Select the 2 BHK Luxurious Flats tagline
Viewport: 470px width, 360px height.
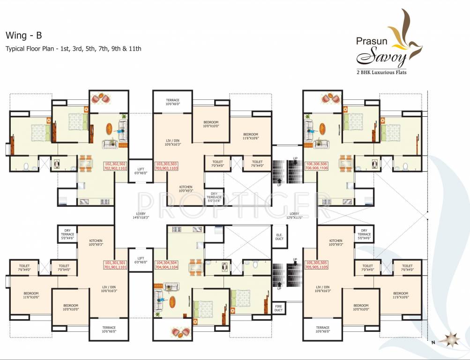pos(382,72)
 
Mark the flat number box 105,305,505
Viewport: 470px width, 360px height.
pos(317,265)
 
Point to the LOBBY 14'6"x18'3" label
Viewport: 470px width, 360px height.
pos(140,215)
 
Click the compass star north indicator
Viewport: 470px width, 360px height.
pos(453,338)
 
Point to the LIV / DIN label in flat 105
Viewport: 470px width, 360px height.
pos(323,289)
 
